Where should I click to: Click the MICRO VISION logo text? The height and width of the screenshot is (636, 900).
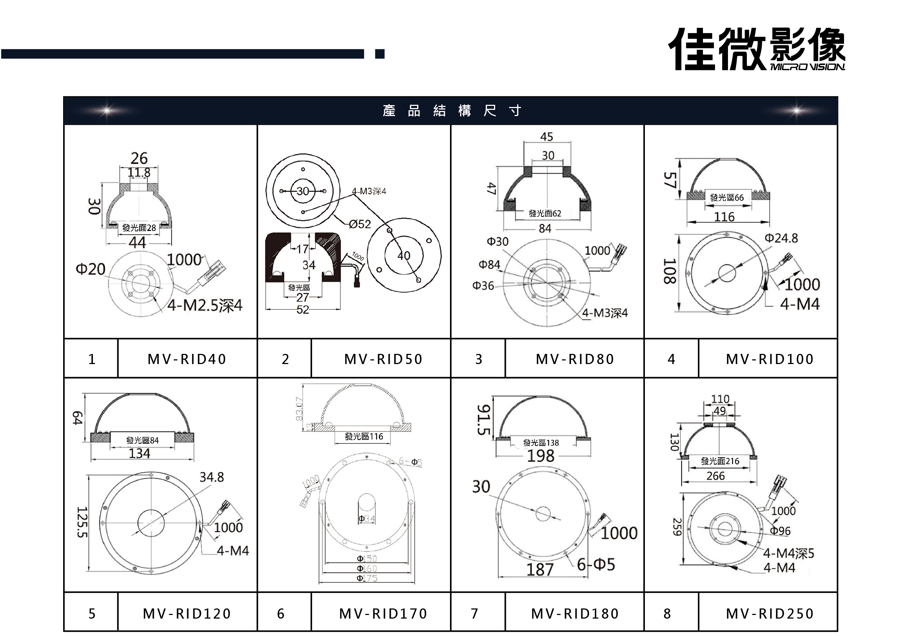coord(807,67)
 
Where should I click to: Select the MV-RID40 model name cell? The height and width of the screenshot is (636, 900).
coord(187,359)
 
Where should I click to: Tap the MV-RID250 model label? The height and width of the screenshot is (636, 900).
coord(770,613)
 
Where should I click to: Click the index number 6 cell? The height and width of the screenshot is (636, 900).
coord(281,613)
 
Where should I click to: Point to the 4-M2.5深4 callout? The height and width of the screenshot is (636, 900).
coord(205,305)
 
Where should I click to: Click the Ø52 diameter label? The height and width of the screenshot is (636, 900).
coord(360,224)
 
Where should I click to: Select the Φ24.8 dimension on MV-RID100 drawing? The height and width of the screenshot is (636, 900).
coord(781,238)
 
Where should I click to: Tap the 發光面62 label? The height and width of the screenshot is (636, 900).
coord(545,214)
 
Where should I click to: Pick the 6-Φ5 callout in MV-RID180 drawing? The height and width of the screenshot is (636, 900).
coord(596,564)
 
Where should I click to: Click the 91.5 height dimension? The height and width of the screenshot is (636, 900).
coord(483,420)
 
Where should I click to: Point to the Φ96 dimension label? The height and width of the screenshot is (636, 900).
coord(780,531)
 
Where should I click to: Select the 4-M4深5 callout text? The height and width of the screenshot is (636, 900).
coord(788,553)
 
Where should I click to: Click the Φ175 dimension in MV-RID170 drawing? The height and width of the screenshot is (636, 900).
coord(367,578)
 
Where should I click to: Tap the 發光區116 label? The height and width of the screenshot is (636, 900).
coord(364,436)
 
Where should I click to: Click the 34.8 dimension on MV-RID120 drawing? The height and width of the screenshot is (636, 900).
coord(212,477)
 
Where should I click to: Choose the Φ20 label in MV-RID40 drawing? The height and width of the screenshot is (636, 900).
coord(91,269)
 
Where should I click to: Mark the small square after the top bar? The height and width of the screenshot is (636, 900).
coord(380,54)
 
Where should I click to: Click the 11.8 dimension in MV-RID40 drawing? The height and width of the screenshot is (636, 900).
coord(139,172)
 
